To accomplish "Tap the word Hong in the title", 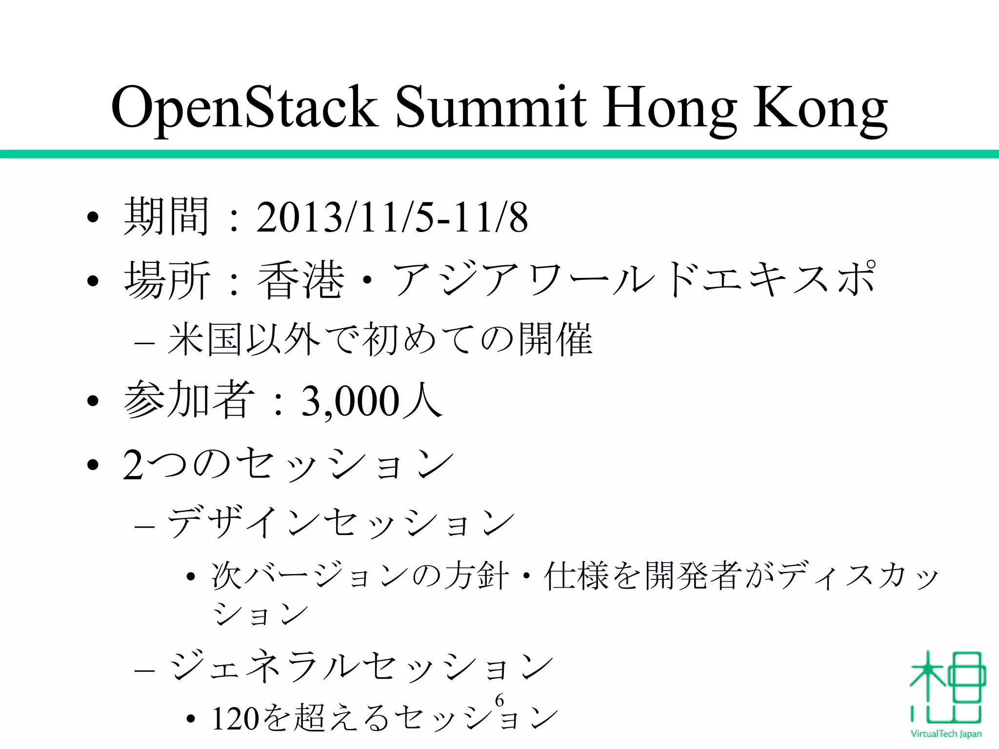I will [x=669, y=108].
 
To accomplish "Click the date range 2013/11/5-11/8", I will [x=392, y=217].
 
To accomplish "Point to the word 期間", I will [x=166, y=217].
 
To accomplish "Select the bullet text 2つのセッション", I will [x=288, y=464].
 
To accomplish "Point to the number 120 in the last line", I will [x=235, y=719].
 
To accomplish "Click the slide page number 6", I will [x=499, y=700].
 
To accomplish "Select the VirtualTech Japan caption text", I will [x=946, y=733].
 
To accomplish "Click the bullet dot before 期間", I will [x=93, y=217].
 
